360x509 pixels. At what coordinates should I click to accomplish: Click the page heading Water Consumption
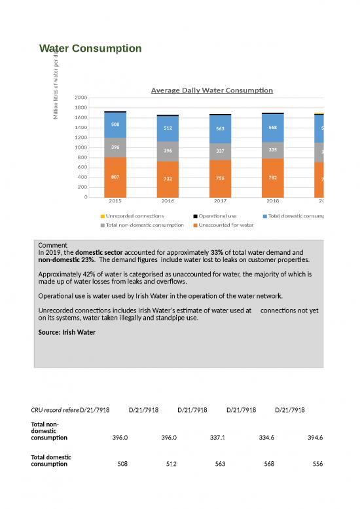coord(90,48)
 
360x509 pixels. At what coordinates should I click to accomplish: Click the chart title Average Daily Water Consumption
coord(211,90)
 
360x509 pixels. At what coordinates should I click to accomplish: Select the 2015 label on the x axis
coord(115,202)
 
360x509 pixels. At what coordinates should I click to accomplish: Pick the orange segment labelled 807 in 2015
coord(115,177)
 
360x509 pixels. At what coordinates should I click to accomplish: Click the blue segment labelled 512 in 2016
coord(168,128)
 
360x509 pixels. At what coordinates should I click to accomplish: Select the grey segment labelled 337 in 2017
coord(221,151)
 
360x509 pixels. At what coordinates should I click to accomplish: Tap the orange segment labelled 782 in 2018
coord(273,177)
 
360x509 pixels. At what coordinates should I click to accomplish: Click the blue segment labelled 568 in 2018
coord(273,128)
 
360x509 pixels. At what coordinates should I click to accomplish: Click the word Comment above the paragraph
coord(53,246)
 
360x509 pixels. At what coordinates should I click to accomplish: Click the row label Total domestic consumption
coord(51,460)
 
